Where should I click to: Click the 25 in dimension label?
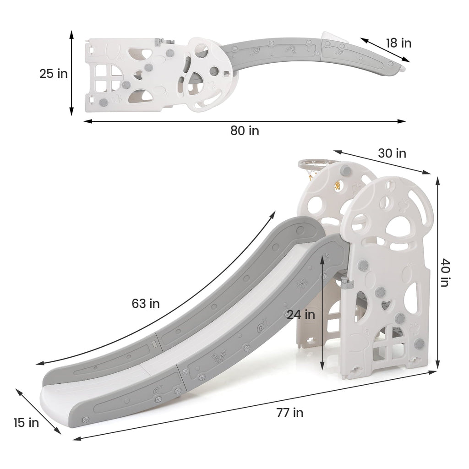[x=54, y=74]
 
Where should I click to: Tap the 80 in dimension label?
[x=245, y=131]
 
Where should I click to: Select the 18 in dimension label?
[x=398, y=43]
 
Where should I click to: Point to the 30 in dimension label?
[x=392, y=153]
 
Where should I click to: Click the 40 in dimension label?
[x=445, y=273]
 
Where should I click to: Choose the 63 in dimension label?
[x=146, y=304]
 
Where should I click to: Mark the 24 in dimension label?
[x=301, y=314]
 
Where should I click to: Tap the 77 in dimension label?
[x=289, y=413]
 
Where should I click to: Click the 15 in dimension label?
[x=26, y=423]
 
